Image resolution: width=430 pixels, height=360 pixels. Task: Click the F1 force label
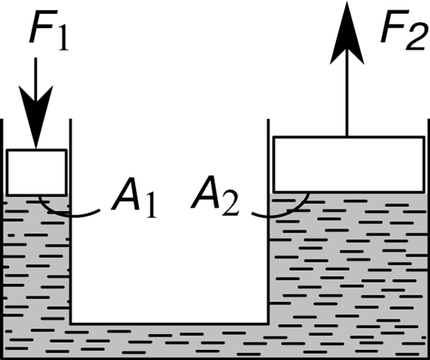click(49, 31)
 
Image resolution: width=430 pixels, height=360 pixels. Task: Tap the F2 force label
click(404, 31)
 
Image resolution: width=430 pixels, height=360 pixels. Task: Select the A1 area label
click(134, 198)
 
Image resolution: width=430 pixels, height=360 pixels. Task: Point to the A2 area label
click(215, 195)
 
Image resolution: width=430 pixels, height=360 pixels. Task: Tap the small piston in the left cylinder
click(37, 172)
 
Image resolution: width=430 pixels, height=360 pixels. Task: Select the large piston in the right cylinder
click(349, 165)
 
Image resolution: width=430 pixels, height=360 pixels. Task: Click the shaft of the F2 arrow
click(347, 93)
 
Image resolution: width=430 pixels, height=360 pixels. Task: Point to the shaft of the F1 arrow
click(36, 80)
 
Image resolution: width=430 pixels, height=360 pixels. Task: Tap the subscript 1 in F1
click(63, 38)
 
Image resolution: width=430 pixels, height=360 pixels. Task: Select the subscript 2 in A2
click(230, 202)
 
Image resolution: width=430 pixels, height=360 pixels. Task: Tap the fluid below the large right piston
click(349, 257)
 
